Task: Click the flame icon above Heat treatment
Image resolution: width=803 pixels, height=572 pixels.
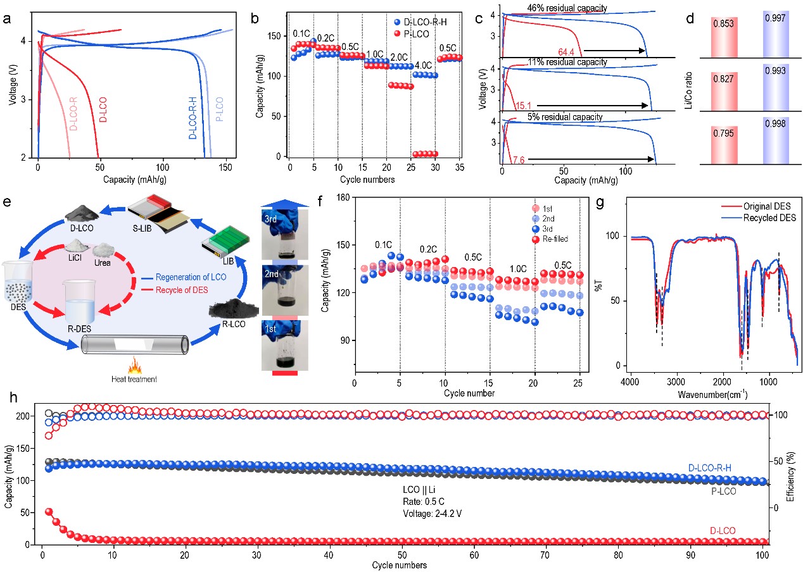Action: (134, 366)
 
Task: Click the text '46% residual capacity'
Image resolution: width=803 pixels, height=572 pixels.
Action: (567, 8)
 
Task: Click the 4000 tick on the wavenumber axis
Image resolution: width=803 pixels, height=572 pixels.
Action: (630, 383)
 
